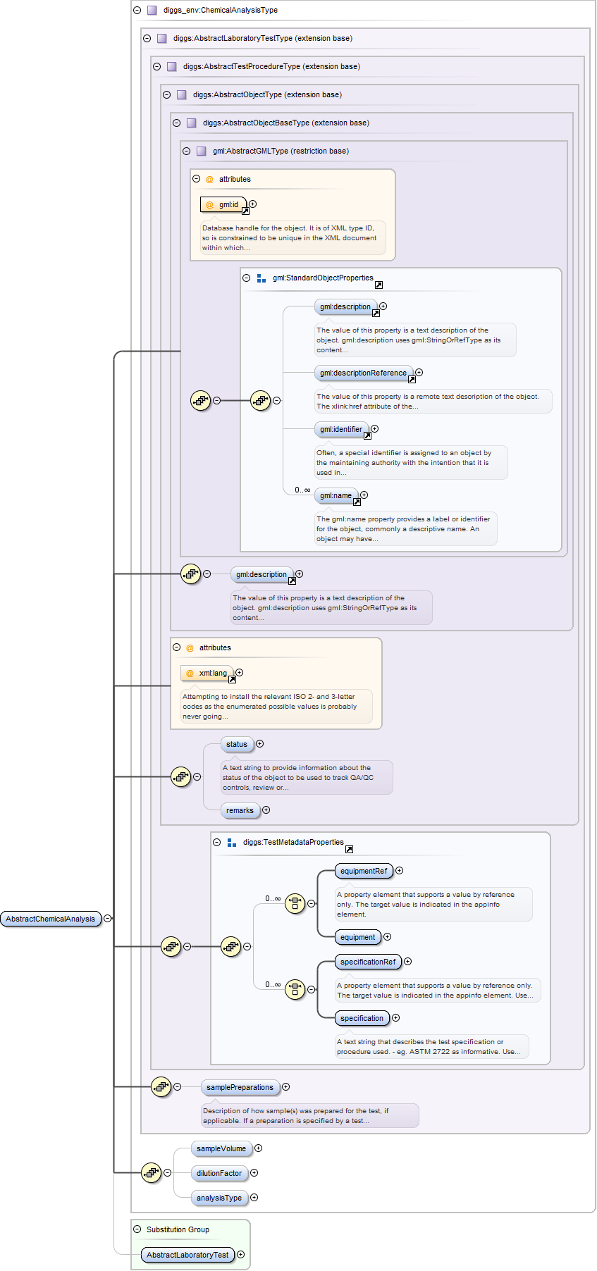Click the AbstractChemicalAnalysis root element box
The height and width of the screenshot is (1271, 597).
[51, 919]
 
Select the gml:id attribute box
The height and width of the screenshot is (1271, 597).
[223, 204]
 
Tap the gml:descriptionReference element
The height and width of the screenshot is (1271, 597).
[363, 373]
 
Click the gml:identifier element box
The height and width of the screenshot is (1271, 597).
[341, 429]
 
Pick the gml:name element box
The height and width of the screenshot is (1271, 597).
[336, 495]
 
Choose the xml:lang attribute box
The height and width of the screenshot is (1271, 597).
[207, 673]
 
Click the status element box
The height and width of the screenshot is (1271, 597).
[237, 744]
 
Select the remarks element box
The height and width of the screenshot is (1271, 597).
[240, 810]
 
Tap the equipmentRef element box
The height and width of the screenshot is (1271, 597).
[364, 871]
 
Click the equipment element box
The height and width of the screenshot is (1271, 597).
[357, 937]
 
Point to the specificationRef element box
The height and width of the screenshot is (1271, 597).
[368, 962]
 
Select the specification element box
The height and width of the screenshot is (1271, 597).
[362, 1018]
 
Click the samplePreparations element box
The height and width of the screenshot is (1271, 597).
[240, 1087]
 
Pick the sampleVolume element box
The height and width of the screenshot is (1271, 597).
[221, 1148]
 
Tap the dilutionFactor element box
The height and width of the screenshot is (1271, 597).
[219, 1173]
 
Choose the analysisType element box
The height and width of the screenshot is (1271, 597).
[219, 1198]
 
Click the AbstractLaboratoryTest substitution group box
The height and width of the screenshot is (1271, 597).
[187, 1255]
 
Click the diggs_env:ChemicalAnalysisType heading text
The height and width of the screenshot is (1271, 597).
[220, 11]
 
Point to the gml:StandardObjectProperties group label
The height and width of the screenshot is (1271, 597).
[323, 278]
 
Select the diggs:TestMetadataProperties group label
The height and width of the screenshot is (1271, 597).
[293, 842]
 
